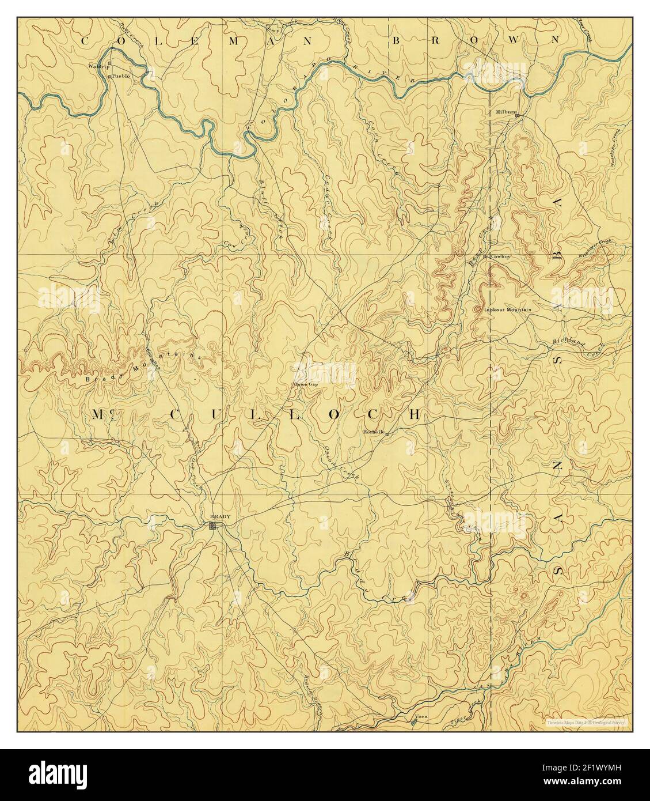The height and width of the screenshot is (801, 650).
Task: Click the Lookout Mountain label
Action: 507,309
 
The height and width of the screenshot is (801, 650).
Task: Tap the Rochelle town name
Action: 374,432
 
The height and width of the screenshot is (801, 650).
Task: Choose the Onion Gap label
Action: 306,385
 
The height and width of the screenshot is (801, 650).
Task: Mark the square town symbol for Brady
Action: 214,526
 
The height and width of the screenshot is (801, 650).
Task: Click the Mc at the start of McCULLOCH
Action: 98,414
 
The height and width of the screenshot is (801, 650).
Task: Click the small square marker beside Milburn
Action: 518,116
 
